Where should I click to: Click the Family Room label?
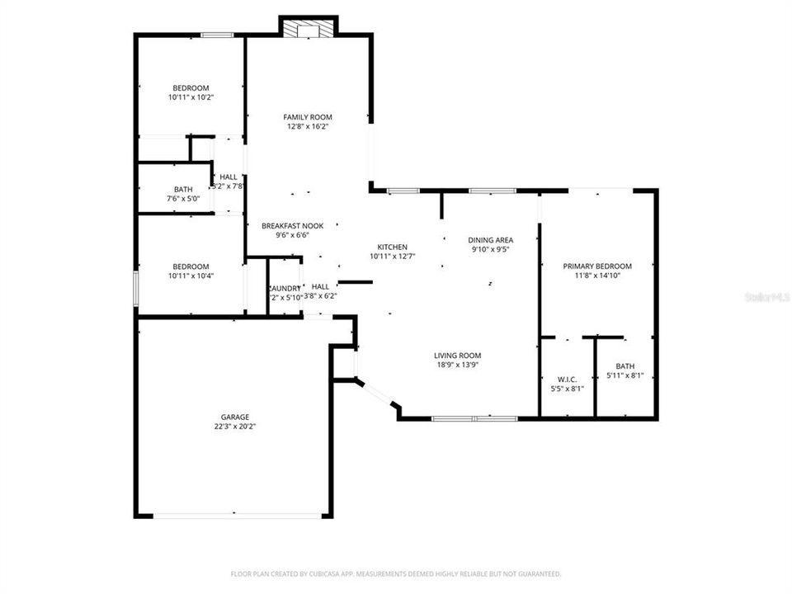[308, 117]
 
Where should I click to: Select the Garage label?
[234, 417]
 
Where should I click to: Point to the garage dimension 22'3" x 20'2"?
[234, 427]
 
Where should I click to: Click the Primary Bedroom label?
[597, 266]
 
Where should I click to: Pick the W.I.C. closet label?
[567, 379]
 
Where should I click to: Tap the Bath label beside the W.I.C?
[625, 366]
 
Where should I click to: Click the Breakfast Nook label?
[293, 225]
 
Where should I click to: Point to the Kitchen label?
[392, 247]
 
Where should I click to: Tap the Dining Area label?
[490, 239]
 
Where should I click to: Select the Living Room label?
[457, 356]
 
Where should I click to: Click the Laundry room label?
[283, 288]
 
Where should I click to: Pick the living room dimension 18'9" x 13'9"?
[457, 365]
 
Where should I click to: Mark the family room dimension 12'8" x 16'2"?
[308, 127]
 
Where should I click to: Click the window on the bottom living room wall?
[474, 418]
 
